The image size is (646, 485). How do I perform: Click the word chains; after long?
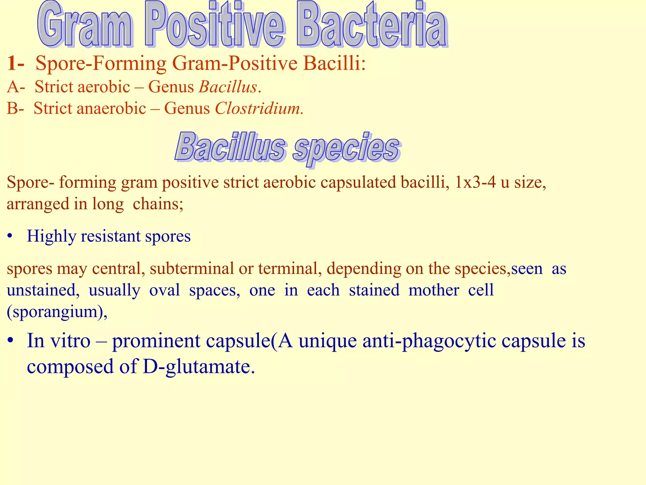158,204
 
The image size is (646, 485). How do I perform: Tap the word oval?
164,290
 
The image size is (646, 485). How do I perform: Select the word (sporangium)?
57,312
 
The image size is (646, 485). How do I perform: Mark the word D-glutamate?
199,367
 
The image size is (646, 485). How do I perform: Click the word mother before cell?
434,290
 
